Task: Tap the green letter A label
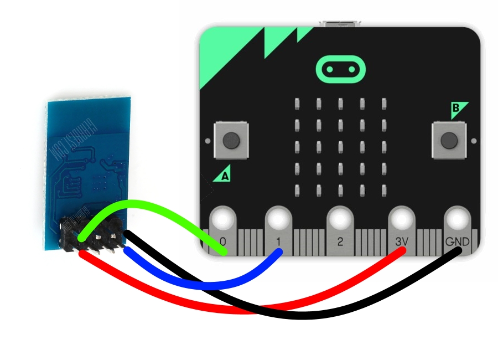225,176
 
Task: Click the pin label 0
222,242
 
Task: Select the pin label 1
278,242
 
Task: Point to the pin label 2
340,242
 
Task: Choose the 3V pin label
402,242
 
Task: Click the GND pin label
458,242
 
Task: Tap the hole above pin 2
340,218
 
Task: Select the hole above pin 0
223,218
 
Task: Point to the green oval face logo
341,69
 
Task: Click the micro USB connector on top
340,24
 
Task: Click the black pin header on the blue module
91,235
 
